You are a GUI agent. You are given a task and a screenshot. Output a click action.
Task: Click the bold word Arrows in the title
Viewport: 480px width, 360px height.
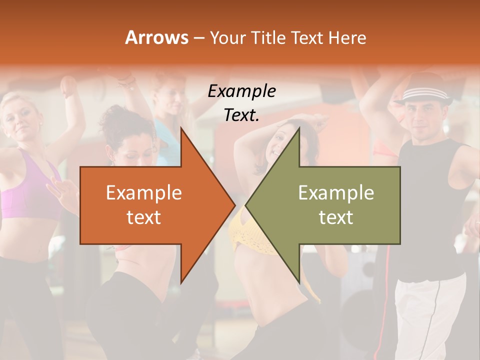point(157,37)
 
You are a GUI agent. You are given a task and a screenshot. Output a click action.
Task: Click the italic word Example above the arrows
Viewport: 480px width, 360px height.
point(241,91)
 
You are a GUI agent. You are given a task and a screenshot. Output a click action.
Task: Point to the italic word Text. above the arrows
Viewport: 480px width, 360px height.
point(241,115)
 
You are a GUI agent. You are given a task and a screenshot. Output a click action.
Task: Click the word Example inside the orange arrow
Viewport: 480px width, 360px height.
point(143,192)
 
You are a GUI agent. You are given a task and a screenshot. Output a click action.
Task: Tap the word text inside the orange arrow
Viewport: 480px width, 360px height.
point(143,217)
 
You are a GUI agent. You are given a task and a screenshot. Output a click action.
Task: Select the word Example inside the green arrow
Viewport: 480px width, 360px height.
point(336,192)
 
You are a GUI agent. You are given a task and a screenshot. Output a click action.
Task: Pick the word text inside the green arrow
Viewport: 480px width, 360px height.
point(336,217)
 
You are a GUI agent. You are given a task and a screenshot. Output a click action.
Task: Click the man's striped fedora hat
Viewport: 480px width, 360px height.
point(424,94)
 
